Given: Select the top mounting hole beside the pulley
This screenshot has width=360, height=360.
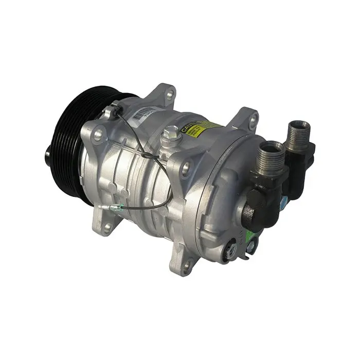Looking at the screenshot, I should (x=98, y=135).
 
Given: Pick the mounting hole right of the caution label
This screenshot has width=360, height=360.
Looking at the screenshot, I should (x=252, y=121).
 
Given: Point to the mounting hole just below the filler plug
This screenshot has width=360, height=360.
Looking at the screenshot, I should (x=186, y=166).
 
